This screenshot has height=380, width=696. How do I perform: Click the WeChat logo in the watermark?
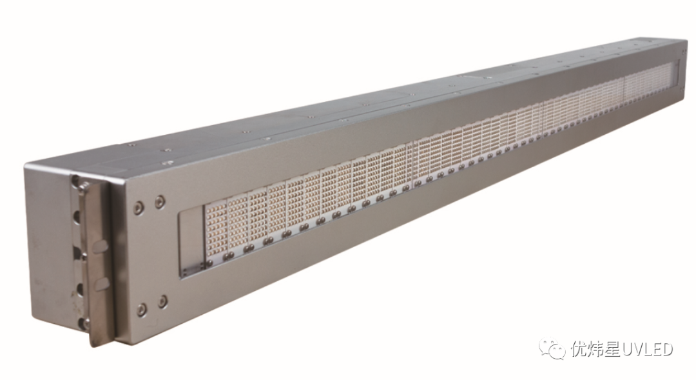point(554,348)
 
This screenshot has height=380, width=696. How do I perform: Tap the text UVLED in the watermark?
point(647,349)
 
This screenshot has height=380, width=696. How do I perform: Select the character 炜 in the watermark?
point(596,349)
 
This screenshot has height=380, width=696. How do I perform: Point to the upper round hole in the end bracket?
point(79,217)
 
